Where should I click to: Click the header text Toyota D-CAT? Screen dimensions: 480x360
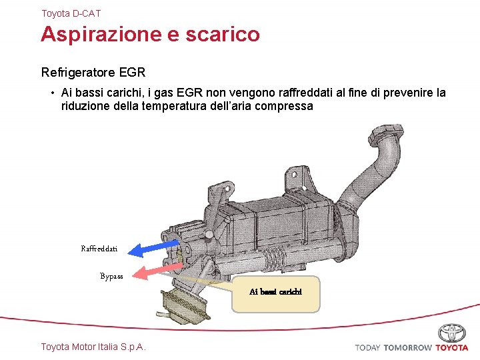pos(71,13)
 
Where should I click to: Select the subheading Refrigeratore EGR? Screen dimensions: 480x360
pos(93,71)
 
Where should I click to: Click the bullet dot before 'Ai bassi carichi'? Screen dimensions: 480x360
pos(51,93)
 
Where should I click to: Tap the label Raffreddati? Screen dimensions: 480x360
pos(99,249)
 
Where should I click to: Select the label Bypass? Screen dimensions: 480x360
pos(111,276)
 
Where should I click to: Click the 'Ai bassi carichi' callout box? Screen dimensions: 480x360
pos(275,292)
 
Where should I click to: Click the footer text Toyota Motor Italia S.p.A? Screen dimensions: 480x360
pos(93,347)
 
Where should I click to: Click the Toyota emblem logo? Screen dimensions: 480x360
pos(452,333)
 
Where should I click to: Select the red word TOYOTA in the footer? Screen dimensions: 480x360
pos(452,347)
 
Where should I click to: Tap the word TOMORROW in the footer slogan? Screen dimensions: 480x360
pos(407,347)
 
